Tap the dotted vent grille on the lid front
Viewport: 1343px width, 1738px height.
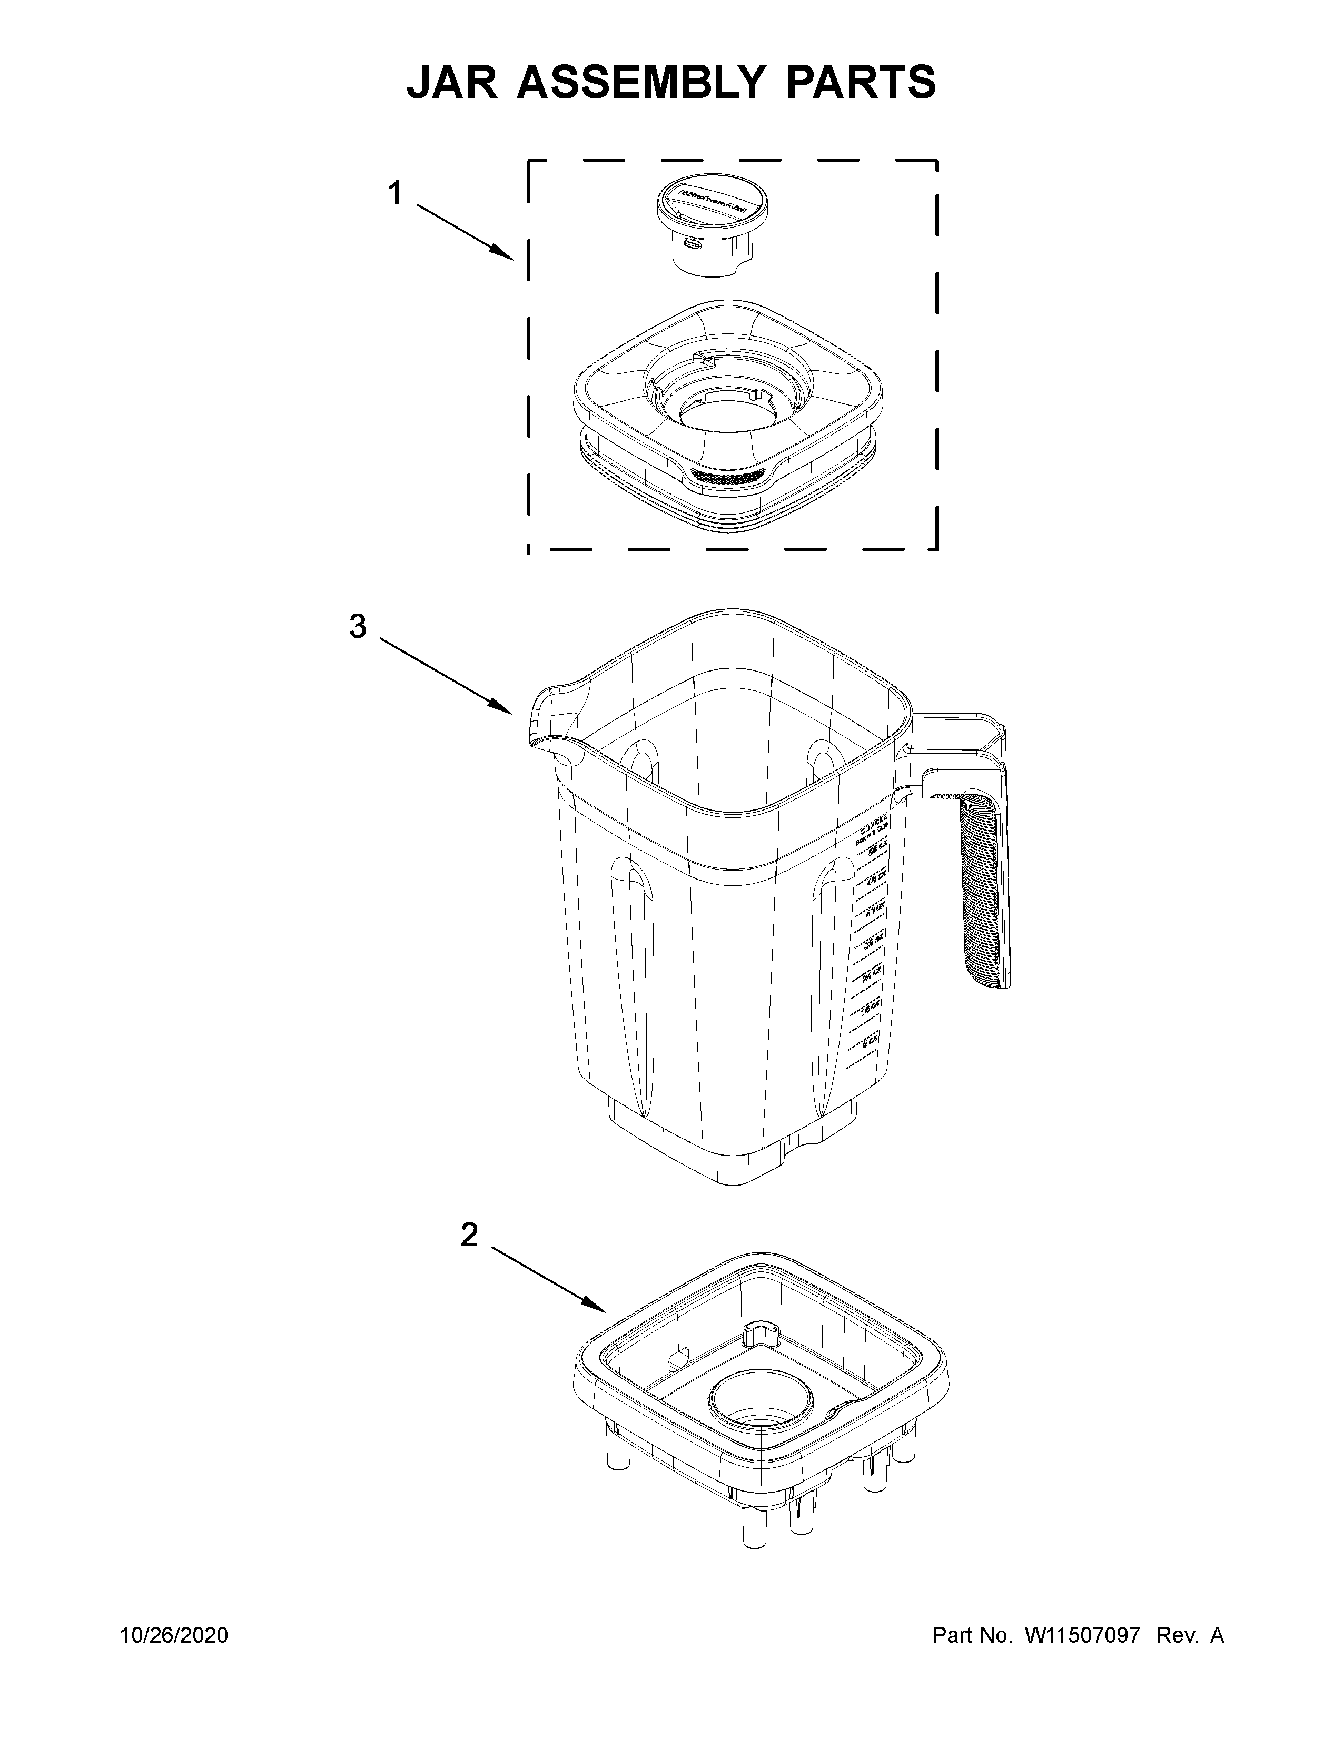(726, 477)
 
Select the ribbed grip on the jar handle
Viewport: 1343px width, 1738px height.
(976, 891)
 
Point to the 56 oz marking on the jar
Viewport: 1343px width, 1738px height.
(877, 851)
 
